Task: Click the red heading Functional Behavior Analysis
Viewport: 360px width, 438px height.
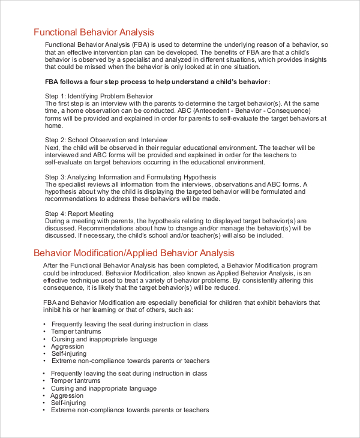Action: [94, 32]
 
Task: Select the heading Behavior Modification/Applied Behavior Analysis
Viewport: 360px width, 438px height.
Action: [134, 253]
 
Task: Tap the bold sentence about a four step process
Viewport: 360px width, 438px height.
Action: [157, 82]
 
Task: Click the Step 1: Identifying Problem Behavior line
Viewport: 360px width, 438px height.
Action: [99, 96]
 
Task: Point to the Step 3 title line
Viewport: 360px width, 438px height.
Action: [131, 177]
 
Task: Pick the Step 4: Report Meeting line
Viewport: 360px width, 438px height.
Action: [79, 214]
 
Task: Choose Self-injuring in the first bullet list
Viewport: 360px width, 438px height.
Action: [70, 353]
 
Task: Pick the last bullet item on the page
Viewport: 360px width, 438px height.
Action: [130, 410]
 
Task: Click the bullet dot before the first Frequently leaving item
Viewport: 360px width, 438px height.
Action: [45, 324]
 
